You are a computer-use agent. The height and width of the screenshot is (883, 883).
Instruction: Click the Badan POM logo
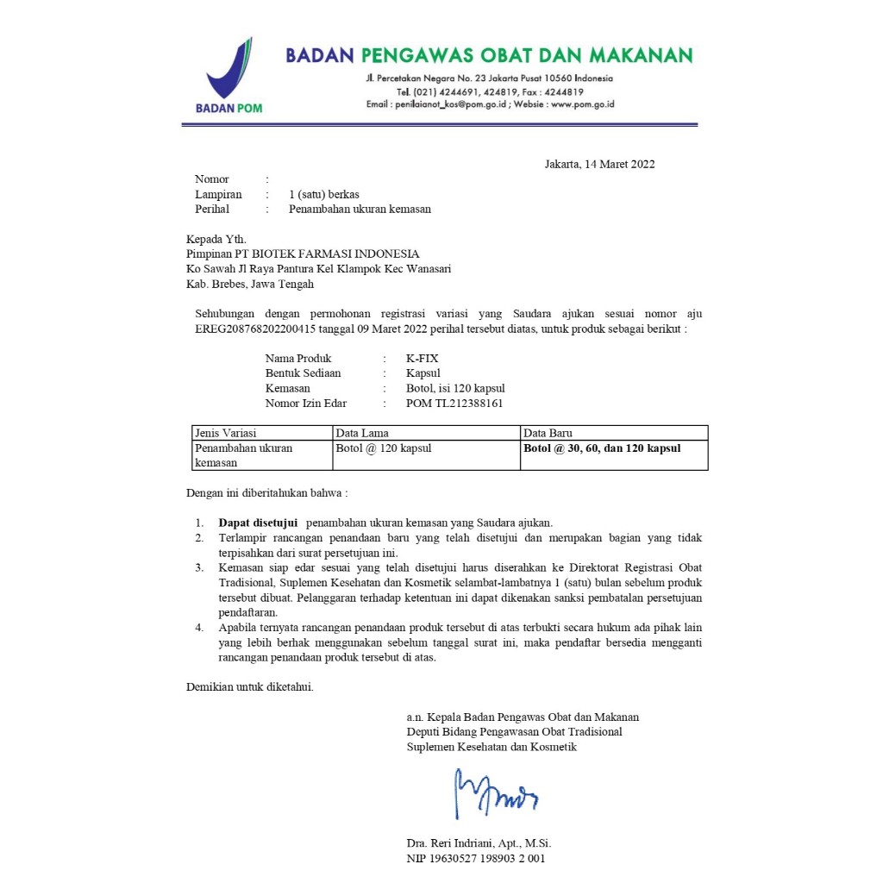(229, 76)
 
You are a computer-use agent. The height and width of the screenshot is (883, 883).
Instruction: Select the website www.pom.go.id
(582, 104)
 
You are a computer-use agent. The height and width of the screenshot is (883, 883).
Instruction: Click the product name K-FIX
(422, 358)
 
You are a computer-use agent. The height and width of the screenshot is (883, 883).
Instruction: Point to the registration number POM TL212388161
(454, 403)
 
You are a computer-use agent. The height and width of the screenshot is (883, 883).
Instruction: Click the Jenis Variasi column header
(226, 433)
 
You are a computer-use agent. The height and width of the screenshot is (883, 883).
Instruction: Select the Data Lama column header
(362, 433)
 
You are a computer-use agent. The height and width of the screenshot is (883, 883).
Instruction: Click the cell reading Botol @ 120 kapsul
(383, 448)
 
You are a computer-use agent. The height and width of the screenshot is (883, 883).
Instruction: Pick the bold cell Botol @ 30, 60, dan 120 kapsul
(602, 448)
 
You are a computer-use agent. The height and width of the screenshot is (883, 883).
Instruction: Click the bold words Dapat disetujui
(258, 523)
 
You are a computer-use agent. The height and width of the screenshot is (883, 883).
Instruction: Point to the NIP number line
(476, 858)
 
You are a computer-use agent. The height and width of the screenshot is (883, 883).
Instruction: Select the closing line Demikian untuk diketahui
(250, 687)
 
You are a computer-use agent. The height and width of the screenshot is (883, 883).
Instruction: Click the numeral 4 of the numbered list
(198, 627)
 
